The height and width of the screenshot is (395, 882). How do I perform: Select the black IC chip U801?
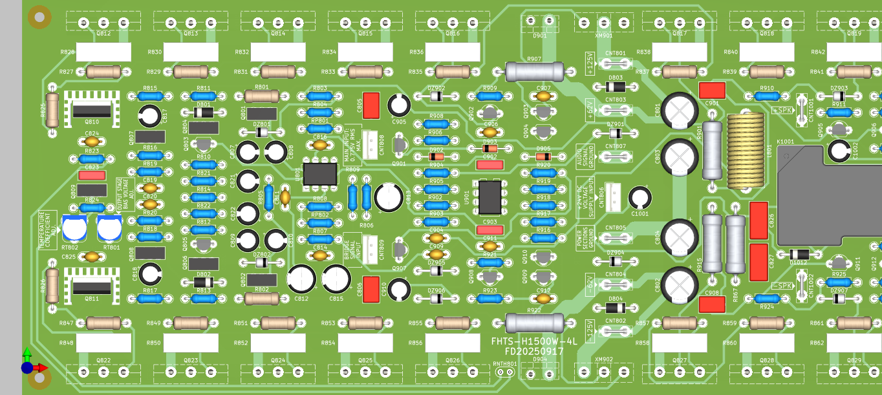(x=320, y=173)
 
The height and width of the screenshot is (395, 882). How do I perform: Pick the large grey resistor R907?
(x=534, y=71)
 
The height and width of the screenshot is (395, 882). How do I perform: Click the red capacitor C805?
(x=371, y=105)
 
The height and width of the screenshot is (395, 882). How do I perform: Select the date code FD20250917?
(x=533, y=352)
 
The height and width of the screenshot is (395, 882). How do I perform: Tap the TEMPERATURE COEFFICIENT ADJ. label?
(x=44, y=230)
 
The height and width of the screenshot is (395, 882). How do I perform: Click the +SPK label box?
(x=782, y=110)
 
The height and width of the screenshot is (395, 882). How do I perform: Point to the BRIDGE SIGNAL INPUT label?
(x=352, y=249)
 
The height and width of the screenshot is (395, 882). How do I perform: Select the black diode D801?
(x=204, y=112)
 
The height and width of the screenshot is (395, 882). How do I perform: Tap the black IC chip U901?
(x=489, y=197)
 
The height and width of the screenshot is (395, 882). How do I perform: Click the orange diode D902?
(x=437, y=156)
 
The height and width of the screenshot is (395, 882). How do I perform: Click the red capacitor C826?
(x=758, y=220)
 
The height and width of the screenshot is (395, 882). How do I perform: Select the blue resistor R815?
(x=150, y=96)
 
